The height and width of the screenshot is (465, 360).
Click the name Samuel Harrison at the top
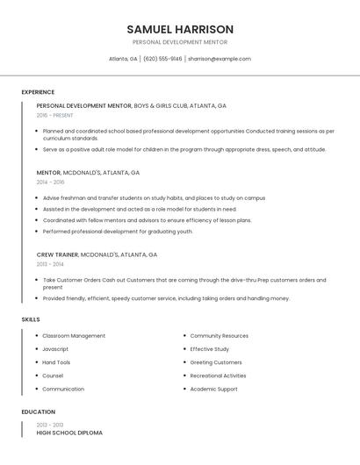[180, 29]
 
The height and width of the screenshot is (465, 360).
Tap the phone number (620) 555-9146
[162, 59]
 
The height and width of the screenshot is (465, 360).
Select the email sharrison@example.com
[219, 59]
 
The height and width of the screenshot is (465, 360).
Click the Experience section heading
[38, 92]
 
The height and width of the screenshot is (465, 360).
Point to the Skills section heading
[31, 319]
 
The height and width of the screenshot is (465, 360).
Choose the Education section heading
[38, 411]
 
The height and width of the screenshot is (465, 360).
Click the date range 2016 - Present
[54, 115]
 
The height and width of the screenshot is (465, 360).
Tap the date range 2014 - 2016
[50, 182]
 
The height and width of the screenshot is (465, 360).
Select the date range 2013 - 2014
[50, 264]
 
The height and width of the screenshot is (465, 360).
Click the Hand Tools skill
[56, 362]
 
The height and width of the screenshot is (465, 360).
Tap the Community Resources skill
[219, 336]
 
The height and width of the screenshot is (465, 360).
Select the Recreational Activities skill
[218, 376]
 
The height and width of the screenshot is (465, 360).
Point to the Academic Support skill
[213, 389]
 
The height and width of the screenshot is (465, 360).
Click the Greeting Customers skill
[215, 362]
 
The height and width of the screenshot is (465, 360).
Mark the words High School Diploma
[69, 433]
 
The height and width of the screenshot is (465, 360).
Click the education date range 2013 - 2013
[50, 424]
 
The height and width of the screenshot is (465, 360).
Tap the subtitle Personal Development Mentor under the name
[180, 42]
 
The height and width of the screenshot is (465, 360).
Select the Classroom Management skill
[74, 336]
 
